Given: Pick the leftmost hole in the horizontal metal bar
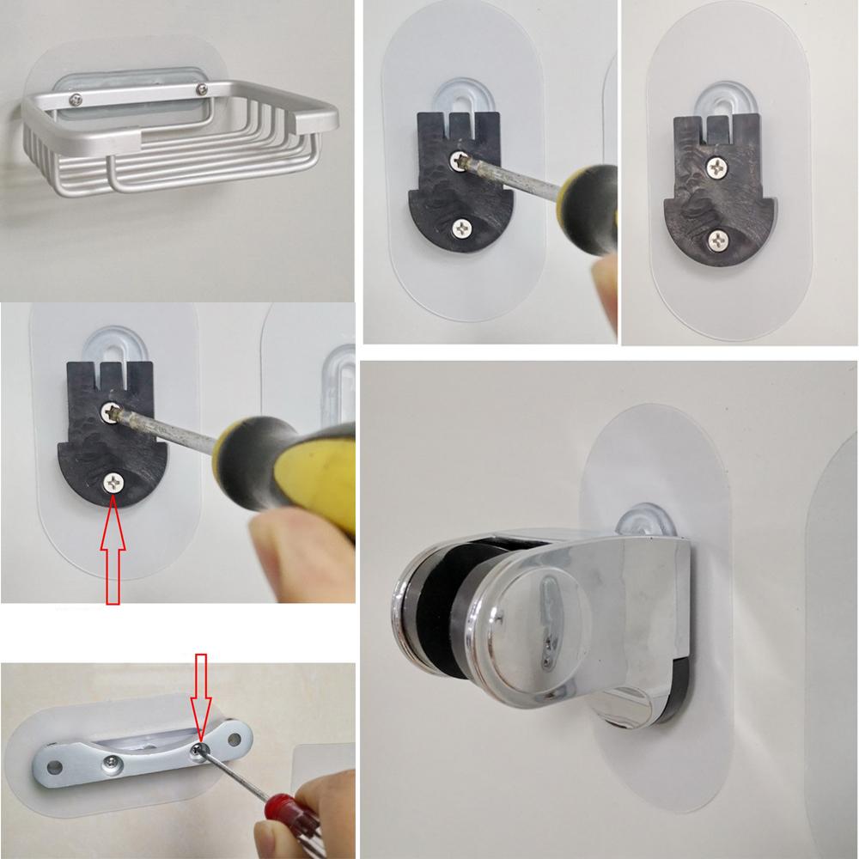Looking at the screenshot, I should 58,762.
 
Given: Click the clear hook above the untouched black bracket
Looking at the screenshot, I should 712,103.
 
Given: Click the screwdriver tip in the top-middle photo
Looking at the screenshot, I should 465,161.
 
